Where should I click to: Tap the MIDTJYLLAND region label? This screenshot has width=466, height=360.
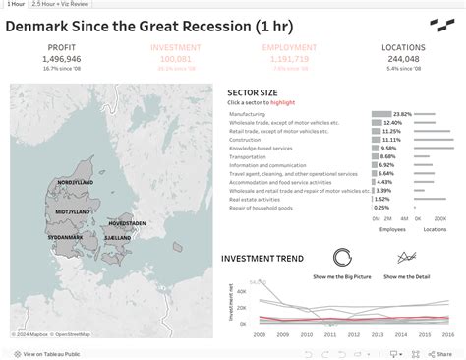(73, 211)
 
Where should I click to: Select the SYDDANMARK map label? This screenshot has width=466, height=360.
(66, 237)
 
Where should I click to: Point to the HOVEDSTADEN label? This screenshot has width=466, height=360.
(127, 223)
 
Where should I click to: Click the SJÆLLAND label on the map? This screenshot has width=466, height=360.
(118, 237)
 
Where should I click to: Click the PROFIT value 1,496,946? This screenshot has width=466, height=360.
(61, 59)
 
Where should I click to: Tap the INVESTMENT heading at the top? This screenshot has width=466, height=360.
(175, 47)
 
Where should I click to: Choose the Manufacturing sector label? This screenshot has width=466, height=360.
(247, 114)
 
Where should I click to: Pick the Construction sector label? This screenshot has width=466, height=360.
(246, 140)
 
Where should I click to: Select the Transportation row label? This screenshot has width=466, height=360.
(248, 156)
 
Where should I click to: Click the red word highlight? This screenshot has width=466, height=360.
(282, 102)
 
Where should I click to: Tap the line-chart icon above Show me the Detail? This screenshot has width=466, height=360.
(406, 258)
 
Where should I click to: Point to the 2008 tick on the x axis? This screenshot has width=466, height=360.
(260, 334)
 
